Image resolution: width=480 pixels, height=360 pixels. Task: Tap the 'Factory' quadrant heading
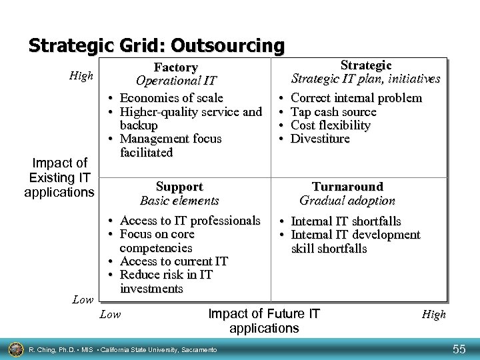[x=176, y=68]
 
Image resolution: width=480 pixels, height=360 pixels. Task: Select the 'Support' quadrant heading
[x=179, y=187]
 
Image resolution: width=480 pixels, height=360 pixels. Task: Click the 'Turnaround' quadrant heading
[x=348, y=187]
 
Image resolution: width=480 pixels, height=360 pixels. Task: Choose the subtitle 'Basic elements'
[x=179, y=200]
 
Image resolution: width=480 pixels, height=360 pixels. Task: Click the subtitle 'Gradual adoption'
[x=347, y=200]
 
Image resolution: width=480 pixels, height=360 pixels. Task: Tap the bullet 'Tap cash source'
[x=334, y=112]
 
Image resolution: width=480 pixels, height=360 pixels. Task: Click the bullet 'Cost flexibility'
[x=331, y=125]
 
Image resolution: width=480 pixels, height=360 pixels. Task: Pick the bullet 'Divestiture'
[x=321, y=139]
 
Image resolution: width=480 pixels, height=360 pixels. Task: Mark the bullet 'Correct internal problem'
[x=357, y=98]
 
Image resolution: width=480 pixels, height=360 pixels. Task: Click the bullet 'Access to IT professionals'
[x=190, y=221]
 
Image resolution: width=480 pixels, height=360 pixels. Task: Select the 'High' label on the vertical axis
[x=82, y=76]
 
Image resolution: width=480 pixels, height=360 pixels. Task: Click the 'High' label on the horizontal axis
[x=433, y=315]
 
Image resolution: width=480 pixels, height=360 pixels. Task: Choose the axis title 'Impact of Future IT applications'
[x=265, y=321]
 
